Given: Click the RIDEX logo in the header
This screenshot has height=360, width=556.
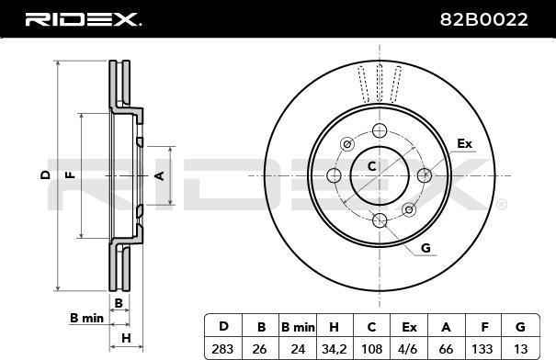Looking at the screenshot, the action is (83, 19).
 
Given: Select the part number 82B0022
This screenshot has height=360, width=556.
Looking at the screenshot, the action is (484, 19).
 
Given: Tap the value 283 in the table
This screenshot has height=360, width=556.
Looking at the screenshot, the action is (222, 349).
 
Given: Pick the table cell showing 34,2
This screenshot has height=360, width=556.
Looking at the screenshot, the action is (334, 349).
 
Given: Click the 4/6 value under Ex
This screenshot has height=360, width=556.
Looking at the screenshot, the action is (407, 349).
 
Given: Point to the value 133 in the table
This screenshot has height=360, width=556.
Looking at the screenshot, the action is (482, 349).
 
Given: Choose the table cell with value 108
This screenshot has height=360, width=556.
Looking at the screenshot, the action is (371, 349).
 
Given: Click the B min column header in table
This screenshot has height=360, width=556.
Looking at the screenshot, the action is (298, 327).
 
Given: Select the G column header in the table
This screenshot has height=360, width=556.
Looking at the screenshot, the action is (520, 327).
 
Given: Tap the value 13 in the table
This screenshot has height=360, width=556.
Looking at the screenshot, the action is (520, 349).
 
